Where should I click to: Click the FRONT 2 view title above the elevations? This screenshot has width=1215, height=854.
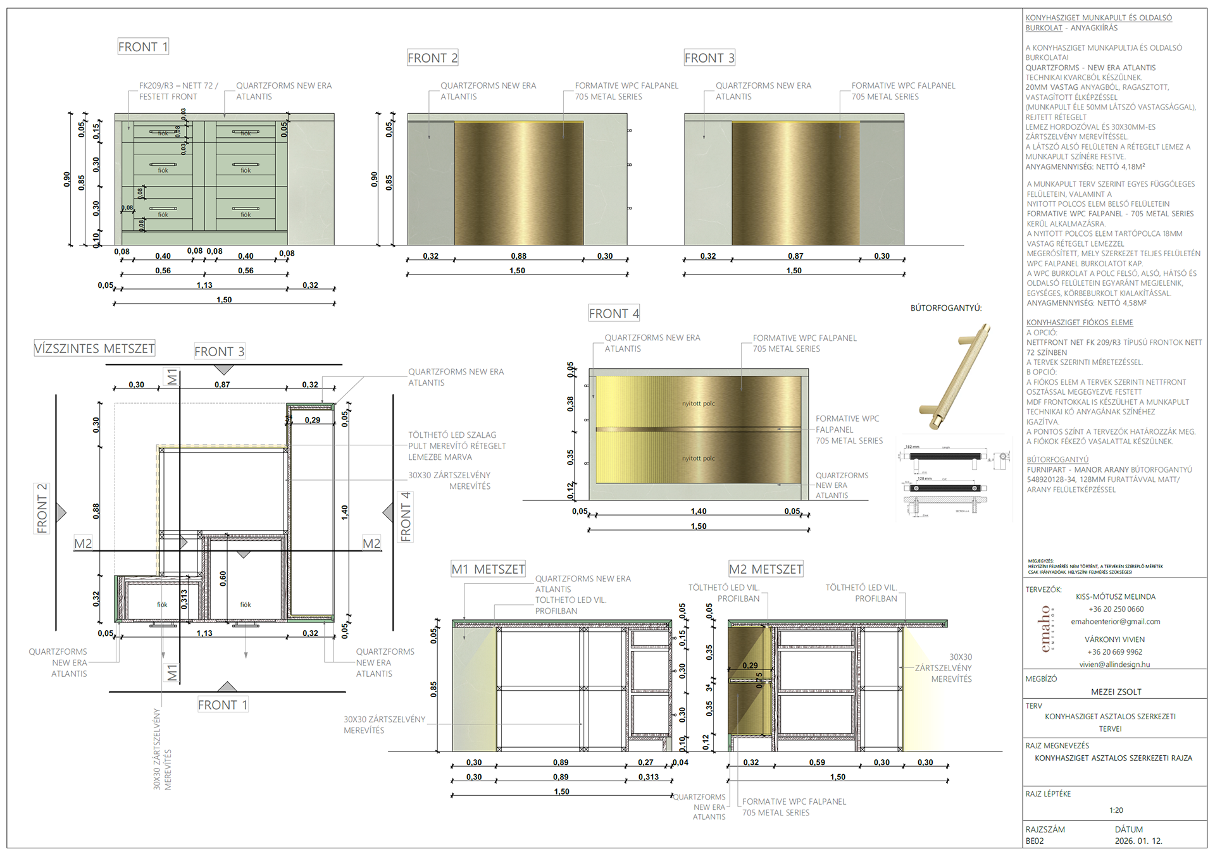[x=432, y=58]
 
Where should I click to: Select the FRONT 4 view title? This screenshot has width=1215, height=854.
[x=614, y=314]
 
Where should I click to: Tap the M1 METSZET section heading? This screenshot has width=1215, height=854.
[x=488, y=569]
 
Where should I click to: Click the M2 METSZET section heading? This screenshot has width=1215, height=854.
[x=766, y=569]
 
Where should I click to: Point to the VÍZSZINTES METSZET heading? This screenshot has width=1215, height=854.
[x=94, y=349]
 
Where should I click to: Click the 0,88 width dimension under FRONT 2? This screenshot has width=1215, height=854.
[x=518, y=256]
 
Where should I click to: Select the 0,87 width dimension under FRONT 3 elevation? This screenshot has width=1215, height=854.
[x=795, y=256]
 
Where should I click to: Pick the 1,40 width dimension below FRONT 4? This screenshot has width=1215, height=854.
[x=699, y=511]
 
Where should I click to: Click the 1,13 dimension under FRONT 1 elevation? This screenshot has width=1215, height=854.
[x=204, y=285]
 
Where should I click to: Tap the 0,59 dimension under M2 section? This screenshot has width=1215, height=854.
[x=817, y=762]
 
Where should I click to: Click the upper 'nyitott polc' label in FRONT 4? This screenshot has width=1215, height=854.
[x=699, y=404]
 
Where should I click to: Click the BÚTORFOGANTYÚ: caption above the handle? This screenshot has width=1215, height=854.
[x=946, y=308]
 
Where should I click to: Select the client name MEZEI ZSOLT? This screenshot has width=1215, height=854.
[x=1116, y=692]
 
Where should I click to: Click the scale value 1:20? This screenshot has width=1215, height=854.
[x=1116, y=810]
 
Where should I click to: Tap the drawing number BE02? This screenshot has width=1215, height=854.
[x=1035, y=841]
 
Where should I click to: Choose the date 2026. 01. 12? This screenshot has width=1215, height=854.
[x=1138, y=841]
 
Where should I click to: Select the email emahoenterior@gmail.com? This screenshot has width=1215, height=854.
[x=1116, y=622]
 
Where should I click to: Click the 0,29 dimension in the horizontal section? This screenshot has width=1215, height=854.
[x=313, y=420]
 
